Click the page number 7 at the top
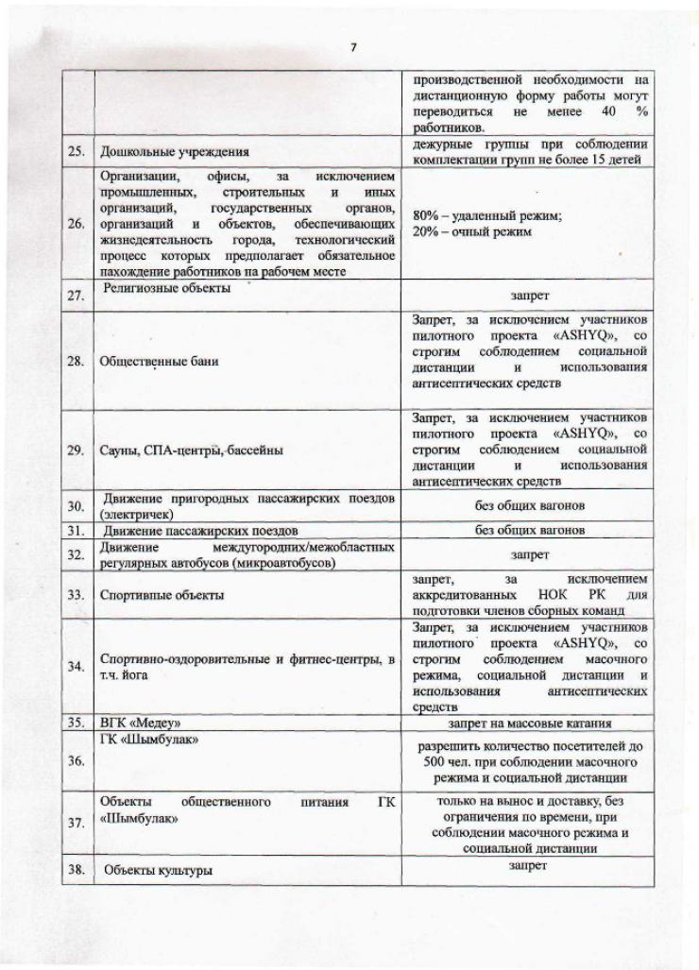(x=351, y=48)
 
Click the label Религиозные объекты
(x=167, y=288)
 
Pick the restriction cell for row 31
(x=529, y=530)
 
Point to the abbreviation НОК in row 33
(x=551, y=596)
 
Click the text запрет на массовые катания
(x=529, y=723)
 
